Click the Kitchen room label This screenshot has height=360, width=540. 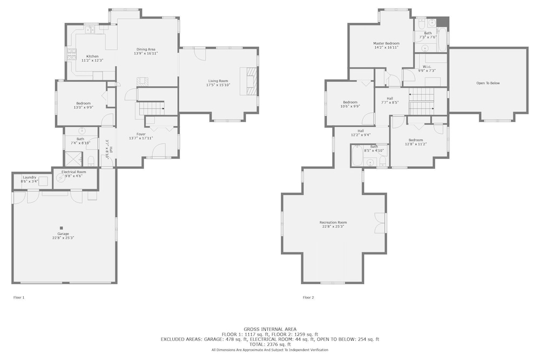(x=92, y=57)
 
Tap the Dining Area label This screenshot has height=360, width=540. (x=146, y=50)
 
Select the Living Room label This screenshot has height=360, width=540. (x=218, y=81)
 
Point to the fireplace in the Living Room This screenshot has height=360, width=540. (x=249, y=81)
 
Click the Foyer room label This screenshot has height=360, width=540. (x=141, y=134)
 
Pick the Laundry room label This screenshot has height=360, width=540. (x=30, y=177)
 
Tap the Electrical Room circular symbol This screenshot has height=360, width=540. (x=60, y=178)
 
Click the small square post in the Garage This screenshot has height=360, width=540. (x=62, y=228)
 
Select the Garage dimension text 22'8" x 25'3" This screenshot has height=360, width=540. (x=63, y=238)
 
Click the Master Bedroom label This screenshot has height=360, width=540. (x=387, y=44)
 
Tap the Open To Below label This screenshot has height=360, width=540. (x=488, y=83)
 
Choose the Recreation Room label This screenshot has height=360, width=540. (x=333, y=223)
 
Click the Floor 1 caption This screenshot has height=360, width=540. (x=19, y=298)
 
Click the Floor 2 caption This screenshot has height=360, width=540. (x=308, y=298)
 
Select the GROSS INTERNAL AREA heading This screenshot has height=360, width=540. (x=270, y=329)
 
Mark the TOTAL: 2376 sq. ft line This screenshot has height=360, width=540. (x=270, y=344)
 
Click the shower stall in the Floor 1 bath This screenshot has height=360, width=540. (x=73, y=159)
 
